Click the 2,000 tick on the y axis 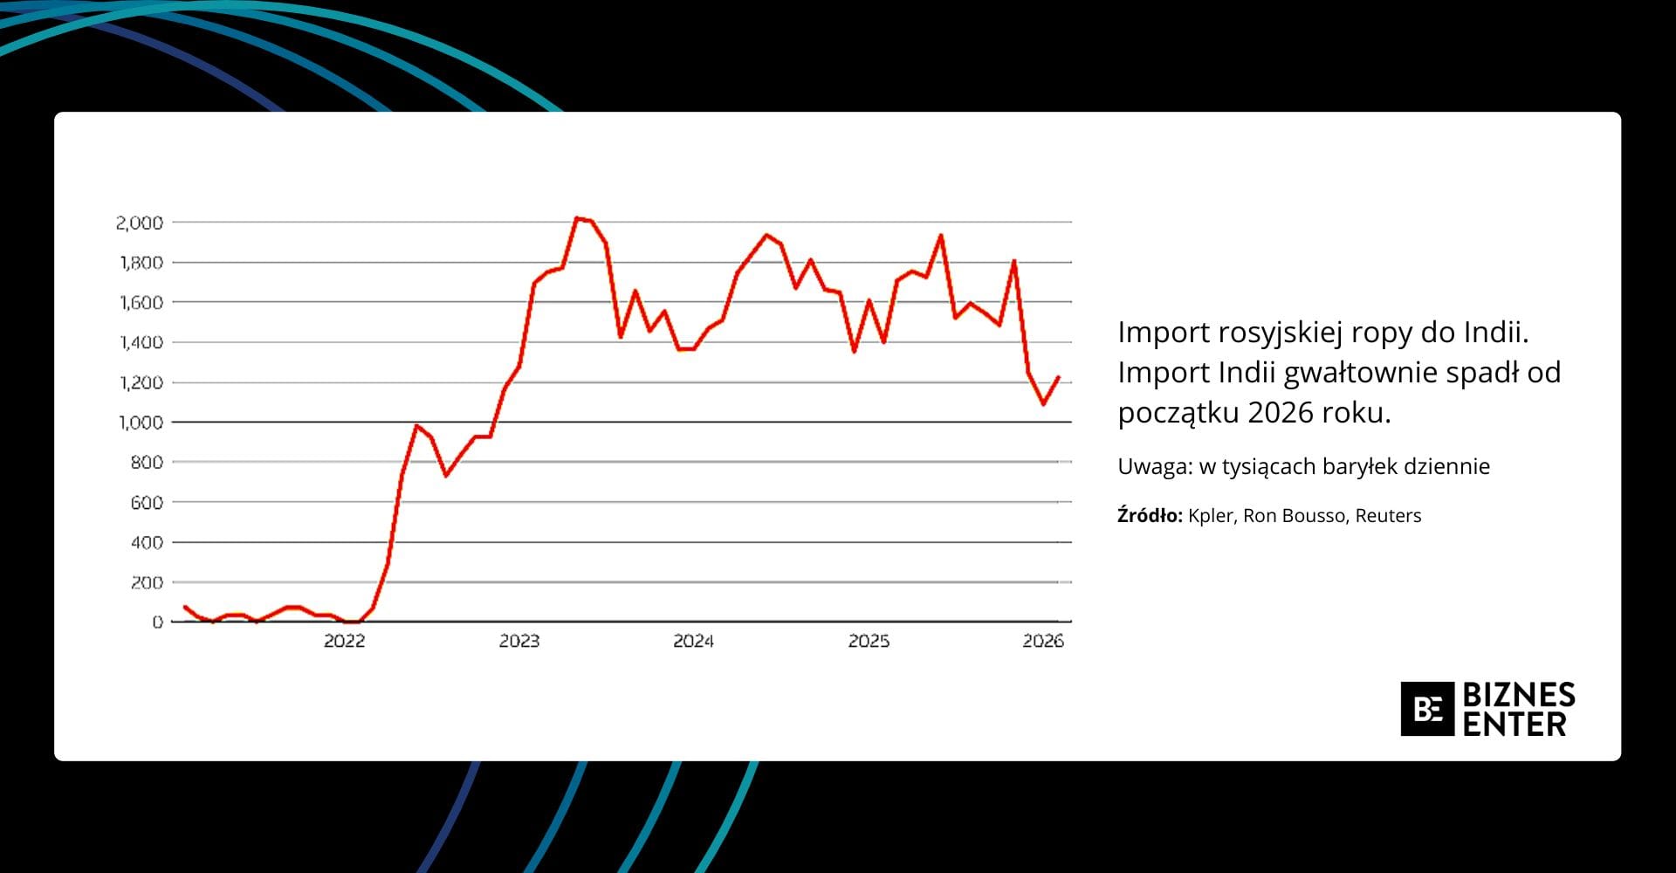140,223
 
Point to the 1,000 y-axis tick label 140,423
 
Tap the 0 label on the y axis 158,622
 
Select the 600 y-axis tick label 147,502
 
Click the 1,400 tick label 141,342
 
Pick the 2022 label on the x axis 345,641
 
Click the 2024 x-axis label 694,641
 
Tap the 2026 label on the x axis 1043,641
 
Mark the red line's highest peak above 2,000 577,217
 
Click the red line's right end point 1058,377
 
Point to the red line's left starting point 184,606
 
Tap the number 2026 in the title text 1280,413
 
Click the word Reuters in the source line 1388,516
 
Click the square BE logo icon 1427,709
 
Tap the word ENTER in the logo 1515,724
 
